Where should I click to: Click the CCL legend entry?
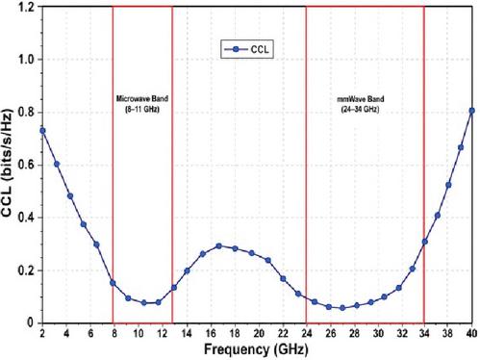click(x=247, y=49)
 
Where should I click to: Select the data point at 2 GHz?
click(x=42, y=131)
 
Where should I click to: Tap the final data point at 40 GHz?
click(x=471, y=111)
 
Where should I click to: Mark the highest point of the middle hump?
click(x=219, y=246)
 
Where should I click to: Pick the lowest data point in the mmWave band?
click(x=342, y=308)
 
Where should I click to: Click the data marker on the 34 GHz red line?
click(x=425, y=242)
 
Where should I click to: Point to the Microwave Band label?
click(x=142, y=98)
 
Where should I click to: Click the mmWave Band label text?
click(x=361, y=99)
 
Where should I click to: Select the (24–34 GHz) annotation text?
click(x=360, y=110)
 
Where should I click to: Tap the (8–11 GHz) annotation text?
click(x=142, y=109)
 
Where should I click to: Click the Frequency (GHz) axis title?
click(x=256, y=349)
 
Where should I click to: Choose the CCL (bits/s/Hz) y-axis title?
click(x=7, y=164)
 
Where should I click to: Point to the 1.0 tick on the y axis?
click(x=27, y=60)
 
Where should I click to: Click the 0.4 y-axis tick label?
click(x=26, y=218)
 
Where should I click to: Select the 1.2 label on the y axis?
click(x=27, y=7)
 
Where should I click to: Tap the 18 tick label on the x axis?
click(x=235, y=334)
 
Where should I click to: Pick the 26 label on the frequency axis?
click(x=331, y=334)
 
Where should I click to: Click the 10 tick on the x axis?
click(x=139, y=334)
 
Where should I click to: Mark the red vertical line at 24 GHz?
click(x=306, y=165)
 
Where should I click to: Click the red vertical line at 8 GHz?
click(x=113, y=165)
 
